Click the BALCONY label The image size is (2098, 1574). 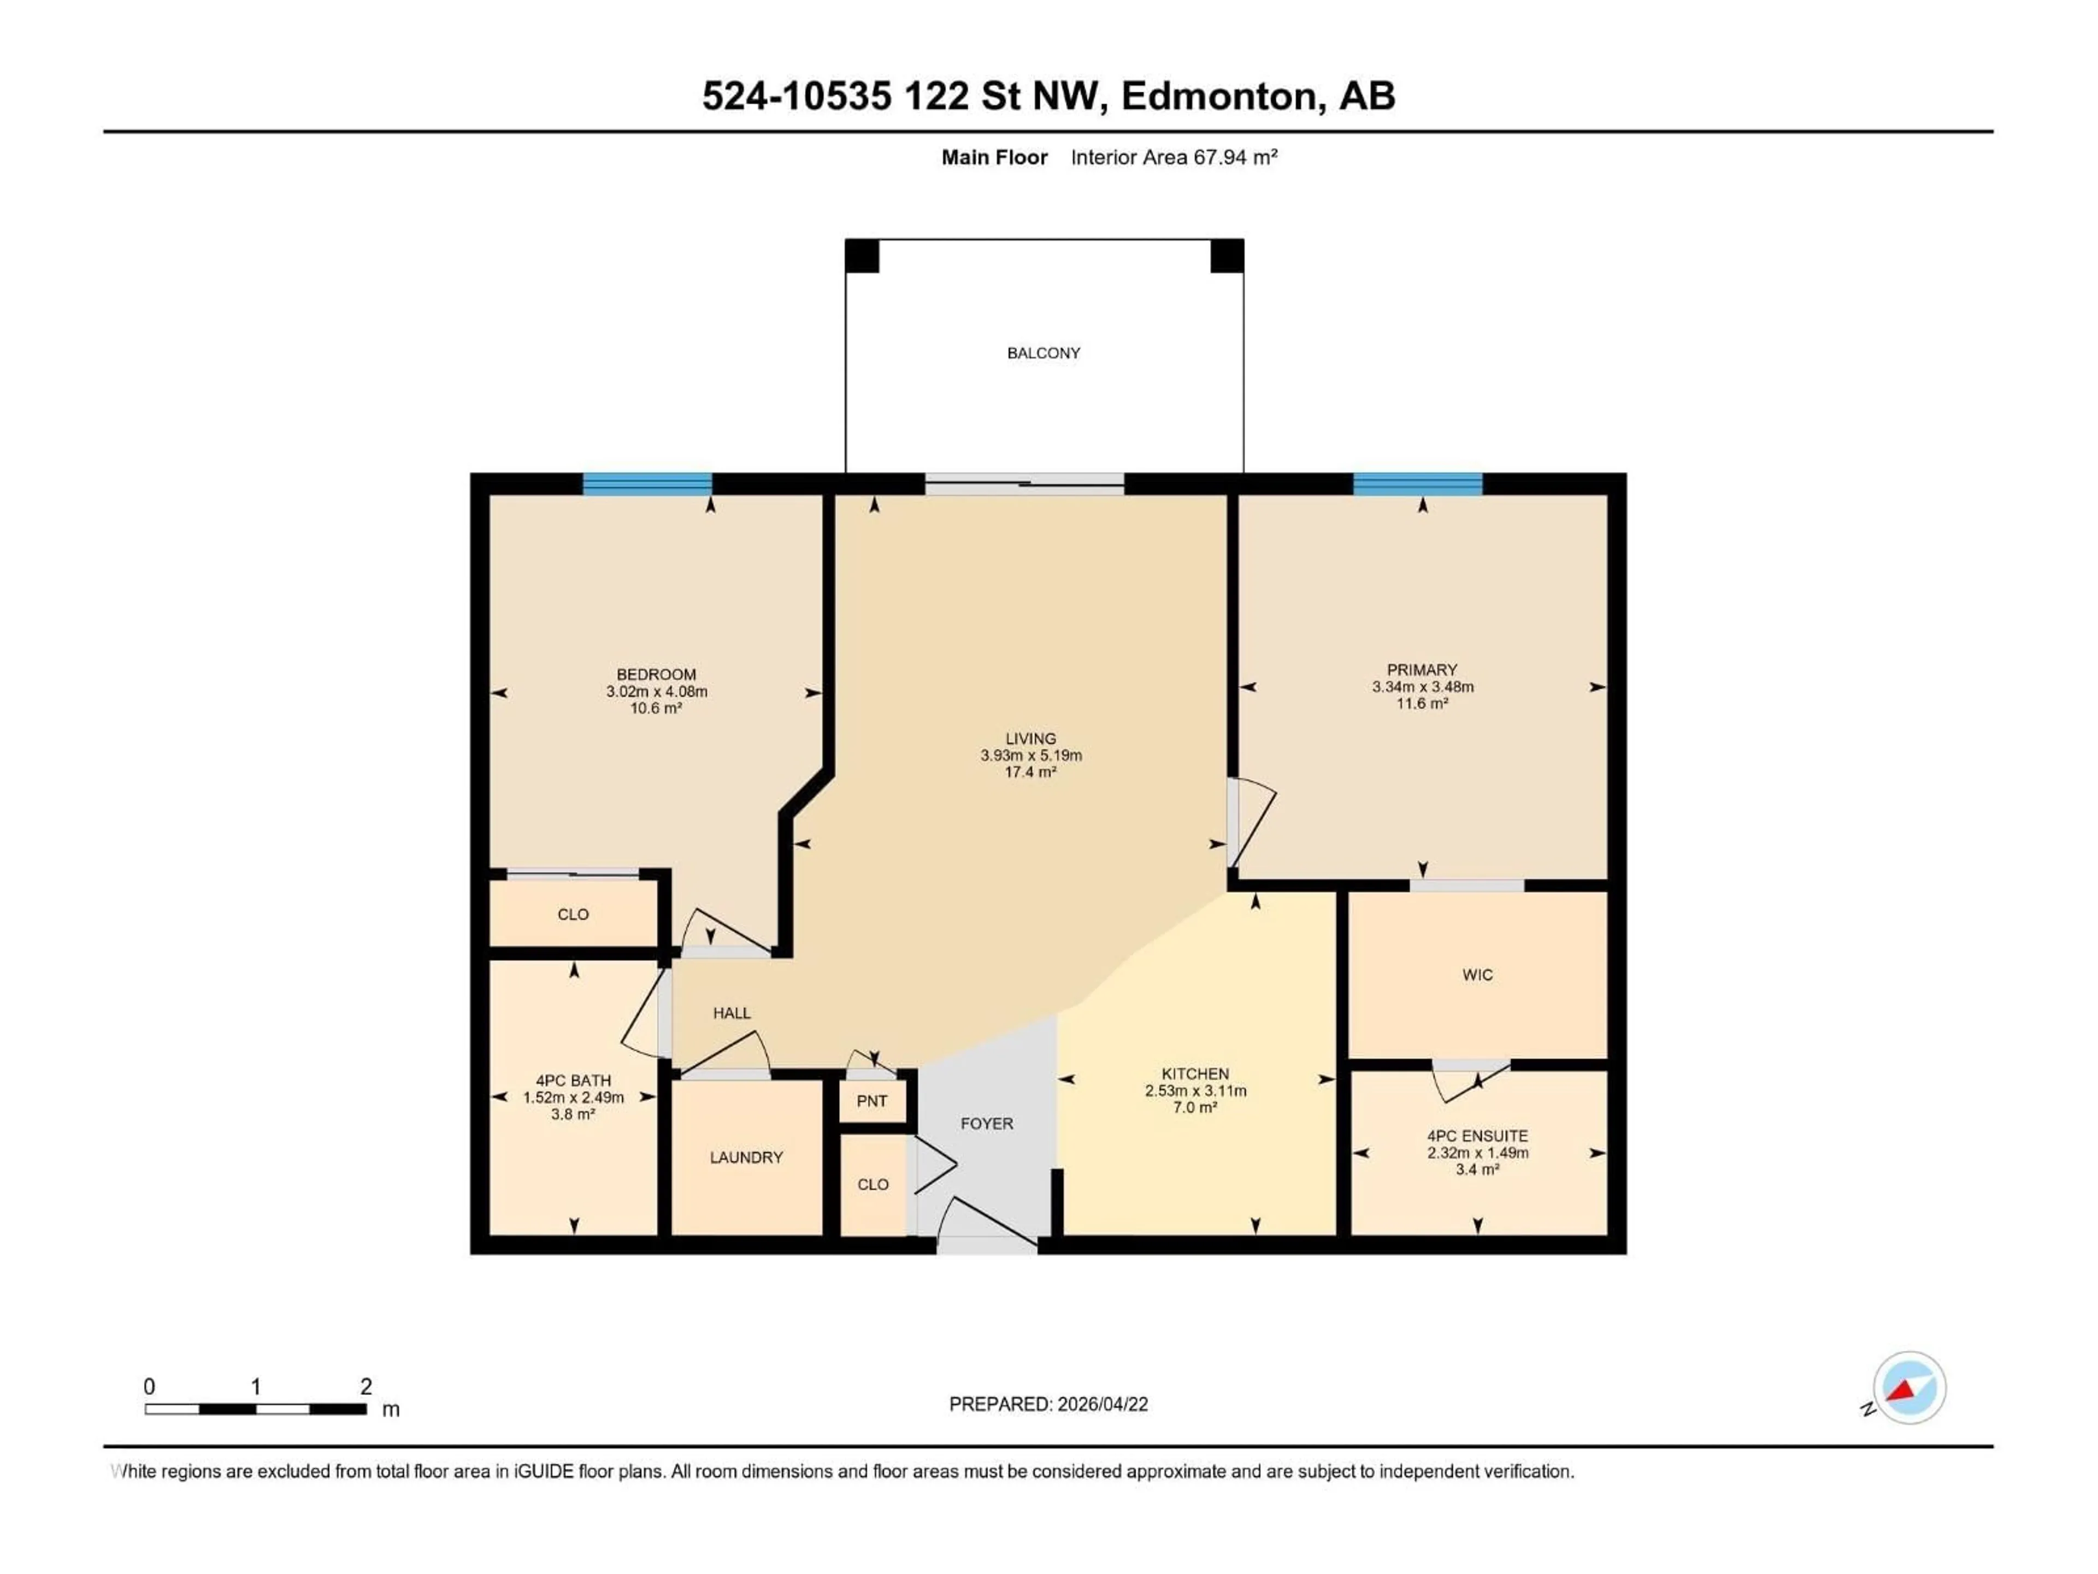[1044, 353]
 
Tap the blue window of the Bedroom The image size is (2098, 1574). [647, 484]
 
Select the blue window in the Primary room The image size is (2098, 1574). [1417, 484]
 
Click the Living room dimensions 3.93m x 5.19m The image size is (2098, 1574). [1031, 755]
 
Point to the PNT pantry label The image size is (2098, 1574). [871, 1101]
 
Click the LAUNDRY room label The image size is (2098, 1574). [746, 1158]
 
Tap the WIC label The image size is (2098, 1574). [1477, 974]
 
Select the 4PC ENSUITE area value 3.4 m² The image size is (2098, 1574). [1477, 1170]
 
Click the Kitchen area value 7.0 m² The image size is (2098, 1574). [1194, 1107]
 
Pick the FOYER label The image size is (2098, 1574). [986, 1123]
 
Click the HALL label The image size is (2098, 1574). [731, 1013]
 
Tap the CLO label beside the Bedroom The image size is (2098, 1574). [573, 914]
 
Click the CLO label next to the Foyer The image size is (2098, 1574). [873, 1184]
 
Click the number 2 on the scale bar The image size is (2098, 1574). [366, 1386]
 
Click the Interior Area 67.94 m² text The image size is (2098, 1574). [1173, 157]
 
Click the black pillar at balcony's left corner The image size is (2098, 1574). [862, 256]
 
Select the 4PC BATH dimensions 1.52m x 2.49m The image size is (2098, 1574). [573, 1098]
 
